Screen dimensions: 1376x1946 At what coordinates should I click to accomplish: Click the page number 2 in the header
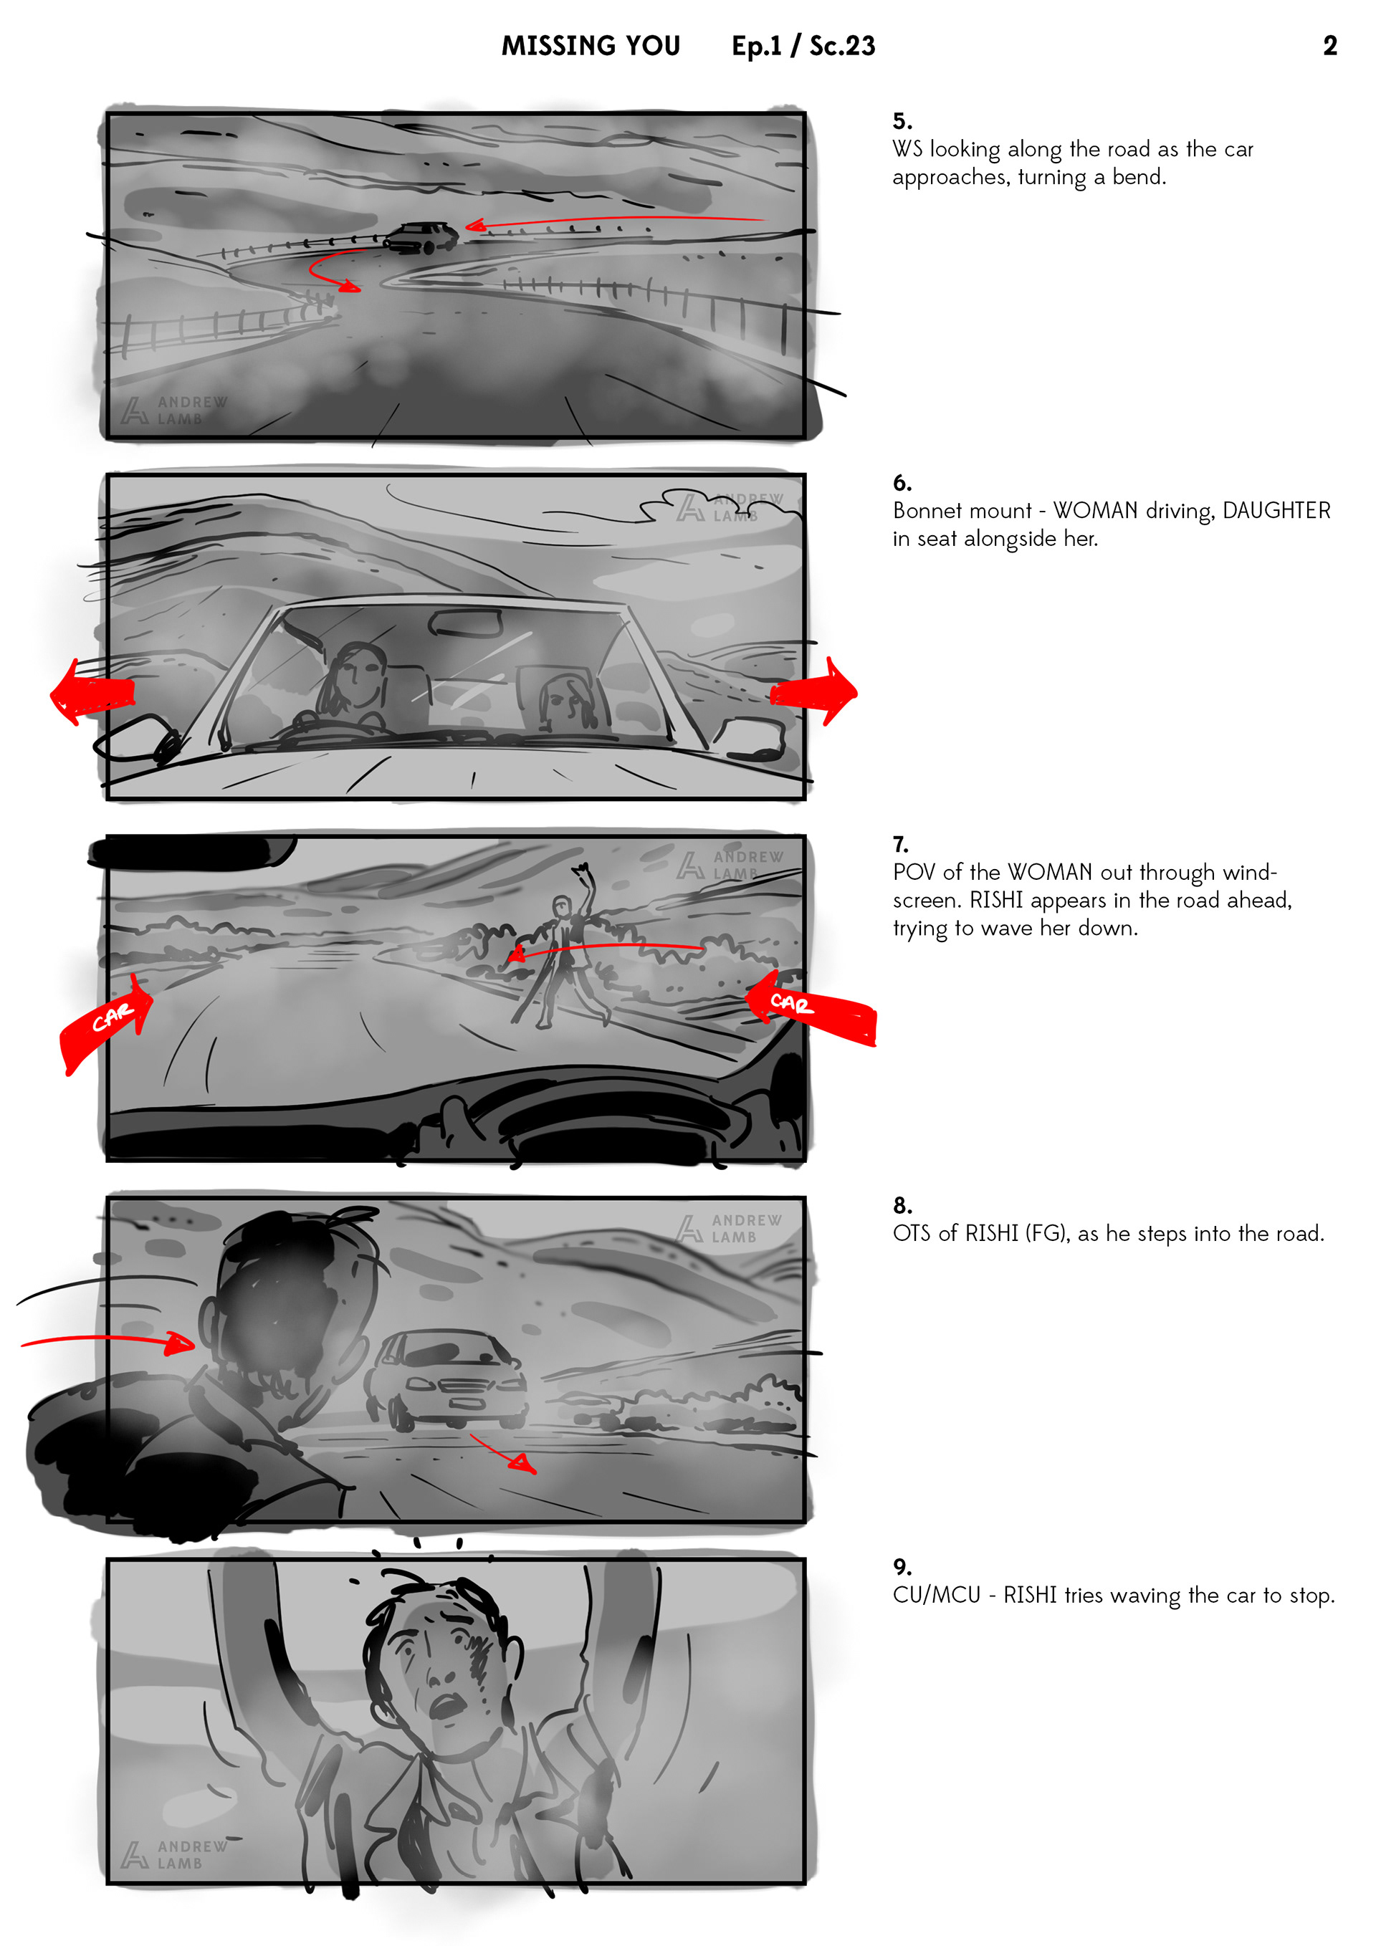click(x=1329, y=46)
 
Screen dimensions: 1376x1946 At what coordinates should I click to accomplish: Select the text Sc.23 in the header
click(x=842, y=46)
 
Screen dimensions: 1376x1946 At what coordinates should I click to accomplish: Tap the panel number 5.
click(x=902, y=121)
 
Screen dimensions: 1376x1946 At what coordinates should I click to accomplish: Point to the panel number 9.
click(x=902, y=1567)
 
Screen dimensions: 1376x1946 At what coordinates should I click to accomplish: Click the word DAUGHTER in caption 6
click(x=1276, y=510)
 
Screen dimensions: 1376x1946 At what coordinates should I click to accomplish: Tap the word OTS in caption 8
click(x=912, y=1233)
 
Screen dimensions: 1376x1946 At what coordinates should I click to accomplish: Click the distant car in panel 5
click(x=421, y=237)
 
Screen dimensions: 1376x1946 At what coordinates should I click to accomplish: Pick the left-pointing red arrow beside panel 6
click(x=92, y=691)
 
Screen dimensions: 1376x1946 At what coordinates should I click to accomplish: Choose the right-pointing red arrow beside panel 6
click(x=815, y=691)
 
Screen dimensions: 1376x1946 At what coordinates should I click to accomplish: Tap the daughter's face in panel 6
click(x=564, y=701)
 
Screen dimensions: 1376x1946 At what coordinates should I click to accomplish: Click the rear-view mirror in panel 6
click(x=464, y=623)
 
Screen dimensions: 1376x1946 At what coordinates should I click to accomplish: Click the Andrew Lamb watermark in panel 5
click(x=174, y=411)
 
